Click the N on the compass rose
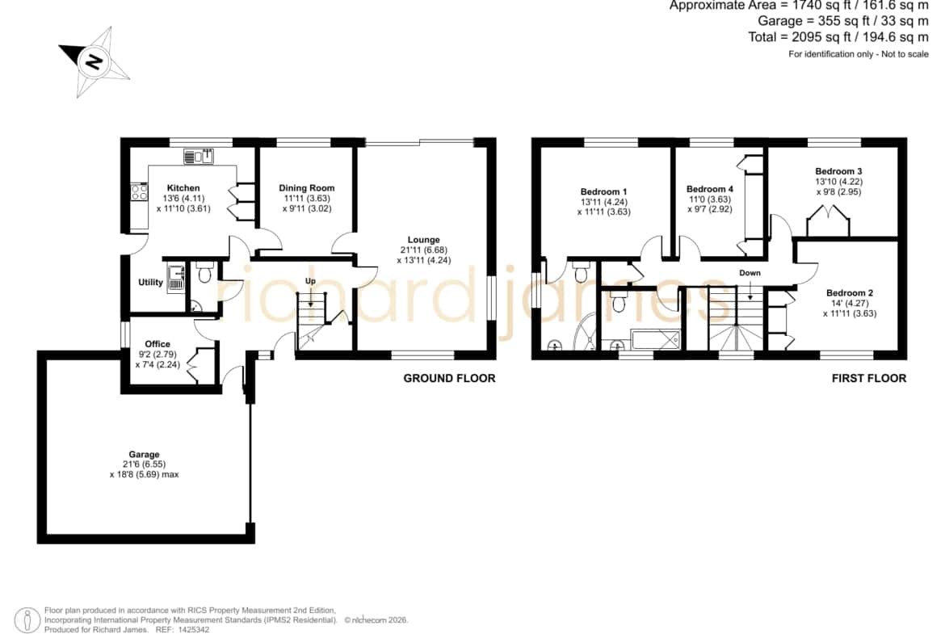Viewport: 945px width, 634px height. click(x=94, y=61)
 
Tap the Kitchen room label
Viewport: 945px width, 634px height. click(x=183, y=188)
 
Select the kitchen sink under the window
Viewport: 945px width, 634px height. click(x=199, y=156)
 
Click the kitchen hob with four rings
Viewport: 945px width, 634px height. click(x=139, y=191)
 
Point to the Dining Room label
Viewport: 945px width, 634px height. click(x=307, y=188)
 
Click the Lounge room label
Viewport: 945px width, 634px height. click(x=424, y=239)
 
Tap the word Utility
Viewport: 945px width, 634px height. click(x=151, y=282)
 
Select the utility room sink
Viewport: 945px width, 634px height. click(x=176, y=278)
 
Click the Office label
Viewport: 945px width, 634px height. click(x=157, y=344)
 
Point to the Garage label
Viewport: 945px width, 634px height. click(x=144, y=455)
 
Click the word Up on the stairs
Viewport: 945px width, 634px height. click(x=310, y=281)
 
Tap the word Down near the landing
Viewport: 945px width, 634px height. click(x=750, y=272)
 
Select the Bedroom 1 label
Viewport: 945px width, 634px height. click(x=604, y=191)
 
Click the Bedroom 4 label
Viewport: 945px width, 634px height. click(x=710, y=189)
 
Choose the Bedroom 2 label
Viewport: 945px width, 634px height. click(x=850, y=293)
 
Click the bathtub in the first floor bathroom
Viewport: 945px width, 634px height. click(x=656, y=340)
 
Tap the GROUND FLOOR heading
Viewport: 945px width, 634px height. click(x=450, y=379)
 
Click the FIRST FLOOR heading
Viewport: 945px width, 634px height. click(x=869, y=379)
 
